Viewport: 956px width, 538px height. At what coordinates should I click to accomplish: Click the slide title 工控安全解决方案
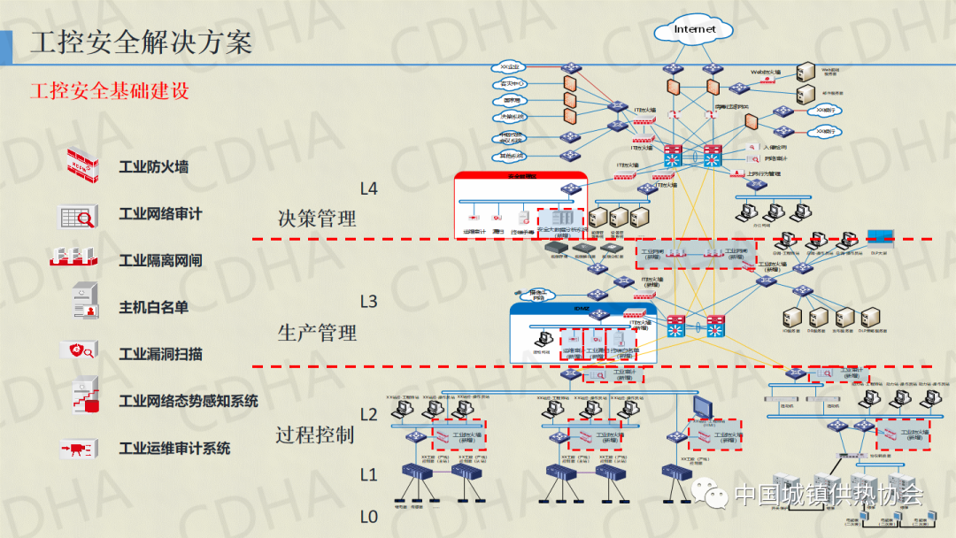point(141,42)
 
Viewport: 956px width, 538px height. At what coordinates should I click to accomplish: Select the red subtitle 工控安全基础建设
point(110,90)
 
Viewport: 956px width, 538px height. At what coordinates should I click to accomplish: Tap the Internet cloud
point(694,30)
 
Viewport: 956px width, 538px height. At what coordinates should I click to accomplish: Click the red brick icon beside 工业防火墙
point(86,165)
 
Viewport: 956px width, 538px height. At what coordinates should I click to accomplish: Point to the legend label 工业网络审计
point(160,213)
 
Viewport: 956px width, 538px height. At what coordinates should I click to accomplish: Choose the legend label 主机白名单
point(153,307)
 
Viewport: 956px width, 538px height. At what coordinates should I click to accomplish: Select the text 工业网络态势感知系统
point(189,401)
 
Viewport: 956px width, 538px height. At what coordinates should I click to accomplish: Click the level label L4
point(368,188)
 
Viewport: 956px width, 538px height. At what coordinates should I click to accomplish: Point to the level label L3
point(368,302)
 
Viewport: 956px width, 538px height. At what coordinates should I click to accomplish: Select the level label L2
point(368,414)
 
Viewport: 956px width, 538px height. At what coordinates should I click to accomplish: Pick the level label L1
point(368,474)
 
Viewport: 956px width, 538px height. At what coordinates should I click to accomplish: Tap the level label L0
point(368,516)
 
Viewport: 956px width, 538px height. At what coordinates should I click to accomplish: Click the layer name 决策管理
point(317,219)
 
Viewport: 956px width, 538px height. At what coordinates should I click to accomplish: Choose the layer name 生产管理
point(317,333)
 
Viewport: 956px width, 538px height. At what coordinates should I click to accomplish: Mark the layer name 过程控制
point(314,434)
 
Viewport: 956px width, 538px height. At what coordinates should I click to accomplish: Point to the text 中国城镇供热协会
point(829,495)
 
